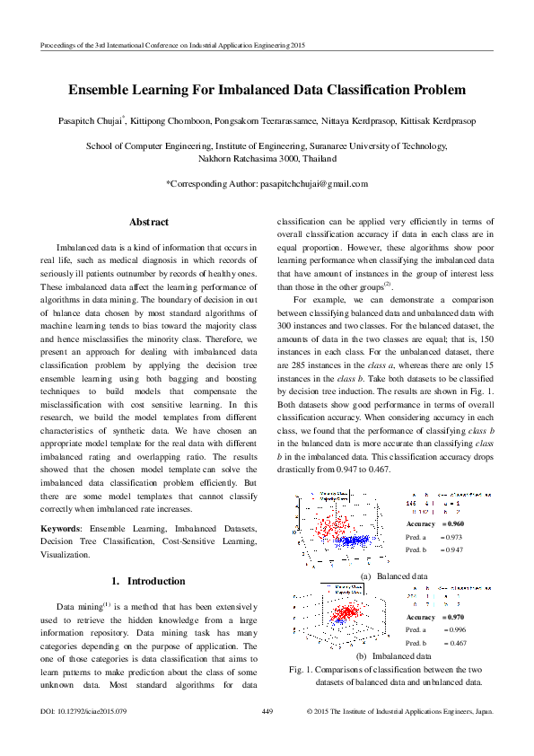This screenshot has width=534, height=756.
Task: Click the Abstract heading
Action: pyautogui.click(x=149, y=222)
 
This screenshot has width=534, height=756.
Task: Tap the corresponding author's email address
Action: pyautogui.click(x=314, y=183)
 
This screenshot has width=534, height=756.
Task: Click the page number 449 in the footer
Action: pyautogui.click(x=267, y=712)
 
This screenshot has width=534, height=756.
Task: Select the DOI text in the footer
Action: pyautogui.click(x=84, y=712)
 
